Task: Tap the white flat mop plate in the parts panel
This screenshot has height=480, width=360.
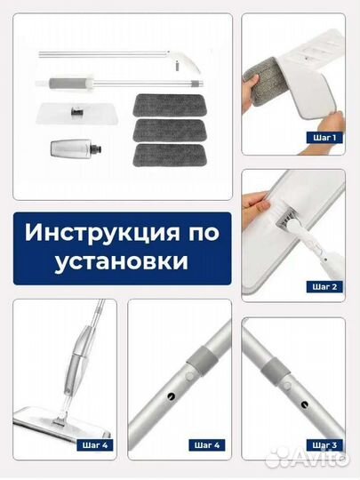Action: tap(76, 113)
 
